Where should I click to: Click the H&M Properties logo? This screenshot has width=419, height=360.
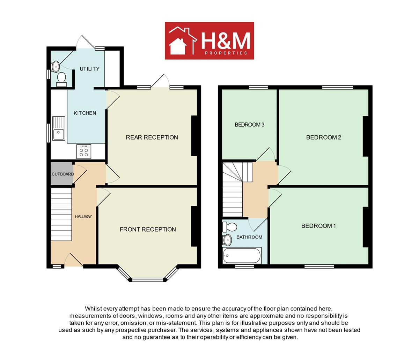[209, 41]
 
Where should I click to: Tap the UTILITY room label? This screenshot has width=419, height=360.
[89, 69]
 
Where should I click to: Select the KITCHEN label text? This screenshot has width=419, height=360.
[85, 113]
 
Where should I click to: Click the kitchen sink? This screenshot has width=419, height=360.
[59, 128]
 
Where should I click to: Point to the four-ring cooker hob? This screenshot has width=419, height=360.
[84, 151]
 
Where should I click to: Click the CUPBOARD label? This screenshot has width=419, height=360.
[63, 174]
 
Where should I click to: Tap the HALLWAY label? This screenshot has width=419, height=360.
[83, 216]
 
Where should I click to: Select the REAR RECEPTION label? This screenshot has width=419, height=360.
[152, 137]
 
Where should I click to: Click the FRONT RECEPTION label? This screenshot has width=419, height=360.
[148, 229]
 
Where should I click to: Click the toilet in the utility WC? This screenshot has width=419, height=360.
[61, 80]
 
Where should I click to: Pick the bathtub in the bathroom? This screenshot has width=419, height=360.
[242, 256]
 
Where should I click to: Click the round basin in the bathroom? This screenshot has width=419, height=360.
[227, 240]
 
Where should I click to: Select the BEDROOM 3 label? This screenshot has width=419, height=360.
[249, 125]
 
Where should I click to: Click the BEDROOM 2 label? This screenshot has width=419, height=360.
[323, 137]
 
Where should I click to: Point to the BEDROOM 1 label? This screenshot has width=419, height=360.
[318, 226]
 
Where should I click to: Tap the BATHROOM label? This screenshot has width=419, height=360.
[249, 237]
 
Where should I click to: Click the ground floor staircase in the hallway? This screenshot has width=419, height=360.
[61, 214]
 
